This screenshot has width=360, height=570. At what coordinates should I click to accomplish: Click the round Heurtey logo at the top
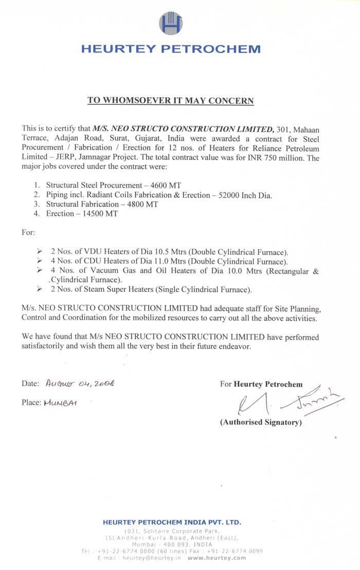pos(171,23)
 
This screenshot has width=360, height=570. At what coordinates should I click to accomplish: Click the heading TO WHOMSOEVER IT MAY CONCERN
pos(170,100)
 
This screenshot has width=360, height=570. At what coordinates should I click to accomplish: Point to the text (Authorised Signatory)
pos(261,422)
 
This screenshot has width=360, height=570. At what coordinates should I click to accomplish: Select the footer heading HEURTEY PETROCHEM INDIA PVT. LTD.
pos(172,522)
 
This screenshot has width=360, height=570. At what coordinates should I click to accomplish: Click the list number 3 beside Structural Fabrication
pos(37,204)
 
